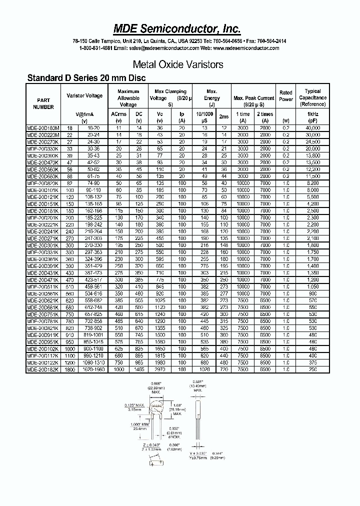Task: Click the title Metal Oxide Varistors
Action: coord(178,64)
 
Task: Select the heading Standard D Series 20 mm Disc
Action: coord(86,78)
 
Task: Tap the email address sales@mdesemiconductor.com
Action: coord(156,48)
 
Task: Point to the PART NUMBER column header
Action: coord(43,103)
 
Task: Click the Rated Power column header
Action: coord(286,95)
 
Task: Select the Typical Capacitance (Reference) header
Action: coord(313,97)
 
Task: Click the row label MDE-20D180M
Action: coord(43,128)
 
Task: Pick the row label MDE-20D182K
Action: coord(43,369)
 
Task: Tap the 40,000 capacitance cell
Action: coord(313,128)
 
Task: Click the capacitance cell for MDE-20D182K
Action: coord(313,369)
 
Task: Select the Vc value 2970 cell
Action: coord(160,369)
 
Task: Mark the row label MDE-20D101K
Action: coord(43,190)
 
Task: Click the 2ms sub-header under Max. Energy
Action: coord(224,116)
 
